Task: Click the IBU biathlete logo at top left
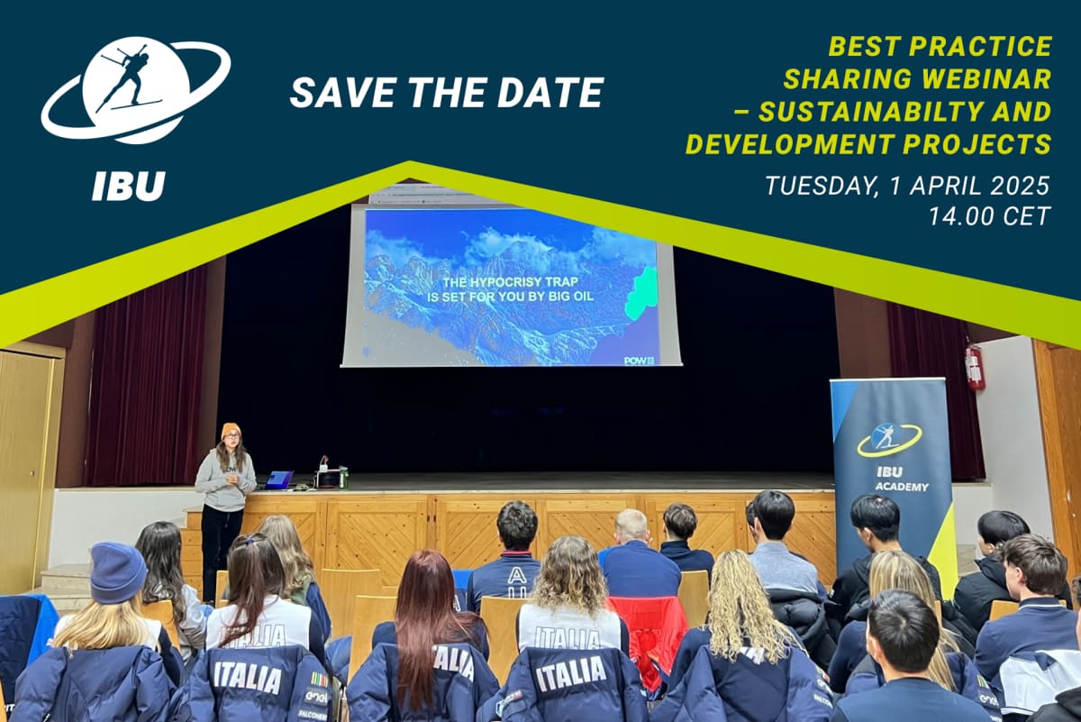(135, 89)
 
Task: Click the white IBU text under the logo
(128, 186)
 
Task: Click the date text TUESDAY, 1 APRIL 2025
(907, 186)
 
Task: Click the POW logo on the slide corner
(639, 360)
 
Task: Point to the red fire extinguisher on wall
(974, 366)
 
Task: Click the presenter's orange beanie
(231, 430)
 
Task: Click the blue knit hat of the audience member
(117, 572)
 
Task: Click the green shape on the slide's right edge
(641, 293)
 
